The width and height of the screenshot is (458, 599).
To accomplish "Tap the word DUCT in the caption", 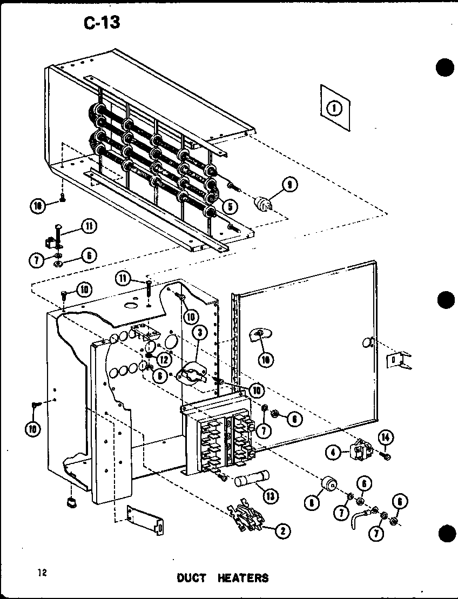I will [x=192, y=577].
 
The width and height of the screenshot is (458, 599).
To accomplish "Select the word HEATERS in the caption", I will [x=243, y=577].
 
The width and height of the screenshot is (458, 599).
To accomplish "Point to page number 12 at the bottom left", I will [x=42, y=573].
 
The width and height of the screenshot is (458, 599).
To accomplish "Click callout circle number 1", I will [x=334, y=108].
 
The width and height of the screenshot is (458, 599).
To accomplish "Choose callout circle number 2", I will [x=281, y=531].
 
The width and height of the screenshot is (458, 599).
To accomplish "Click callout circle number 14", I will [x=386, y=438].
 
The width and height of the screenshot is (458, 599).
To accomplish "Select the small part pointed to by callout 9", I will [x=263, y=204].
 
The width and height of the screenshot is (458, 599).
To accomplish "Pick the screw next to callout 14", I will [x=386, y=457].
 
